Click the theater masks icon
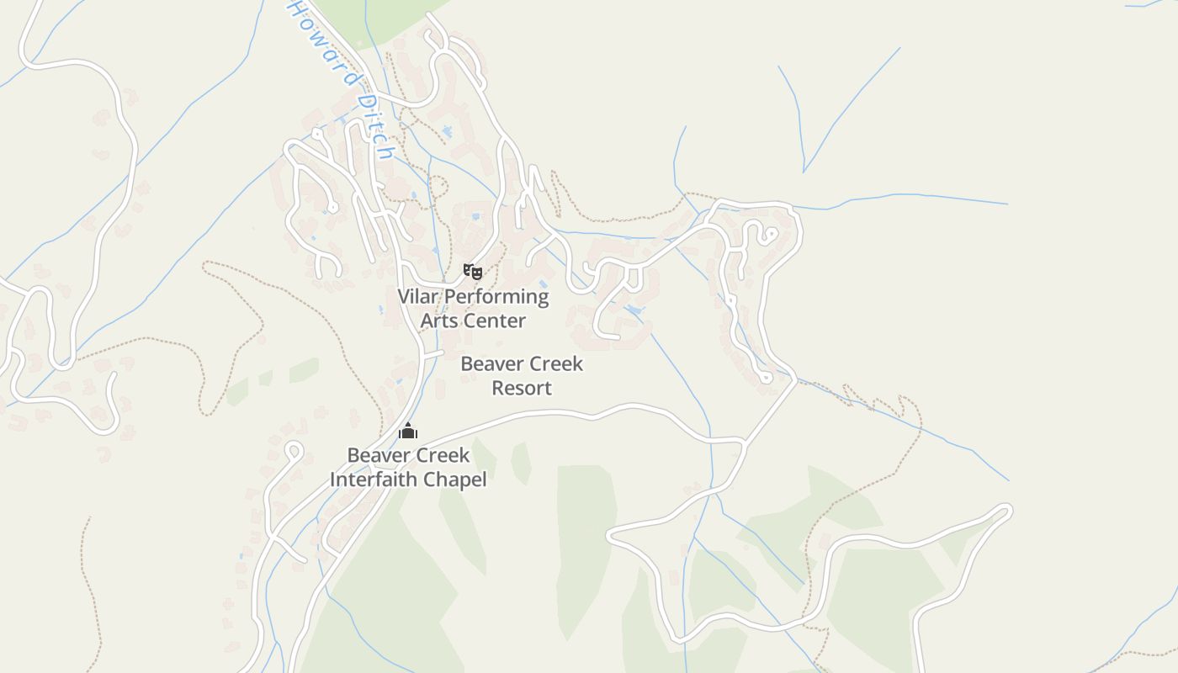[473, 271]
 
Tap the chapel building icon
[408, 432]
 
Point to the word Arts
[438, 321]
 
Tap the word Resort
[522, 388]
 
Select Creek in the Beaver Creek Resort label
[555, 364]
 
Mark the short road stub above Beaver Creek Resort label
[432, 354]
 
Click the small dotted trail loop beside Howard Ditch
[438, 186]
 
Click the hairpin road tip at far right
[1006, 509]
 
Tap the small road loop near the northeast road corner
[767, 234]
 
